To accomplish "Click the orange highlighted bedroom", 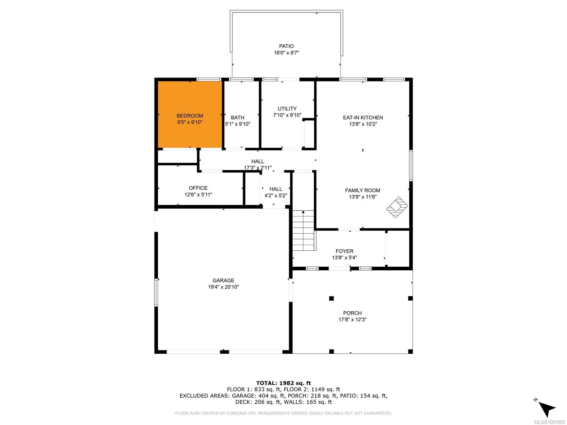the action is click(x=190, y=114).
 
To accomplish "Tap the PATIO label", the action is click(x=286, y=46).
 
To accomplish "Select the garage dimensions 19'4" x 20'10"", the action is click(x=224, y=287).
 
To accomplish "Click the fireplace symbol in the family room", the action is click(x=397, y=207).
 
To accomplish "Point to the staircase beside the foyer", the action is click(x=303, y=230).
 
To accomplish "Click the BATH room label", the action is click(x=237, y=118).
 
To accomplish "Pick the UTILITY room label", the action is click(x=287, y=109).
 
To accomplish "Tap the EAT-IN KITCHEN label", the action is click(x=363, y=118).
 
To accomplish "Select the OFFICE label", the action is click(x=198, y=188).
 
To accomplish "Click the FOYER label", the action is click(x=344, y=251).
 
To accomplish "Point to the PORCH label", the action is click(x=352, y=313).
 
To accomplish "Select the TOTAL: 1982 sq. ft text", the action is click(x=283, y=383).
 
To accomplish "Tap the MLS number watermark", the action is click(x=549, y=422).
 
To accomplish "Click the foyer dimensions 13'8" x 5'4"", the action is click(x=344, y=257).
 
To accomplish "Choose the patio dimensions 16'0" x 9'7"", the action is click(x=286, y=53).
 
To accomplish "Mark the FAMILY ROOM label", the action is click(x=363, y=191).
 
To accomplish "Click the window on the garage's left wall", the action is click(x=156, y=293).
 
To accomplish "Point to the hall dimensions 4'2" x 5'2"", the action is click(x=276, y=195).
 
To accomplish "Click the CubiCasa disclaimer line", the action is click(x=283, y=413).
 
